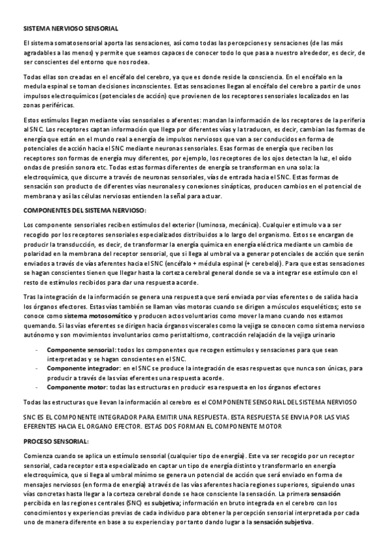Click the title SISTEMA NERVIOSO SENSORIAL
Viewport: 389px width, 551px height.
71,29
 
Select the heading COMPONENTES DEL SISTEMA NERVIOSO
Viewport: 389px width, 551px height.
85,210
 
